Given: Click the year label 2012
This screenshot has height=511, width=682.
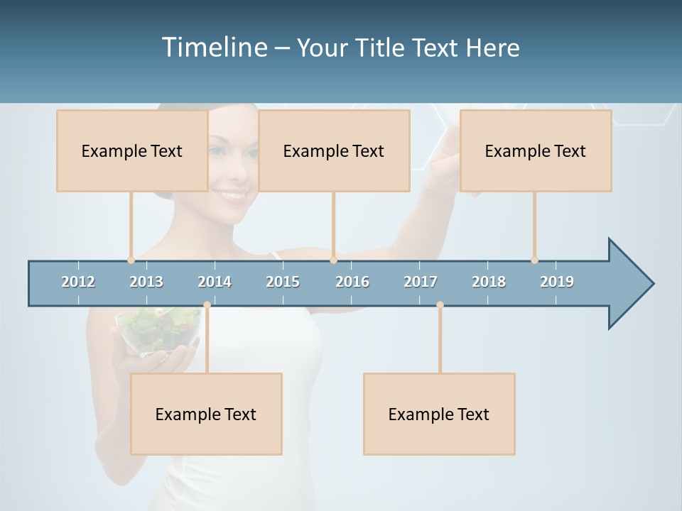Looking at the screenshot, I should tap(78, 282).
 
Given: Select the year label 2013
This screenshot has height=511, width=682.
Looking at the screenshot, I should tap(146, 282).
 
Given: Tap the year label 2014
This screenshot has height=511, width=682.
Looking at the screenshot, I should tap(215, 282).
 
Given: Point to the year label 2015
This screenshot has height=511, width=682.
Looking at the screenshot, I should tap(283, 282).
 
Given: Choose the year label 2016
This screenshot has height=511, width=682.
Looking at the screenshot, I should tap(352, 282).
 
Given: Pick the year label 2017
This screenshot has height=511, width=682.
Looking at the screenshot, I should tap(421, 282).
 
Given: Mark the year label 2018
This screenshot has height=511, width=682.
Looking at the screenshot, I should tap(489, 282).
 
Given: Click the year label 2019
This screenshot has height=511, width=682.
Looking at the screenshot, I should tap(557, 282).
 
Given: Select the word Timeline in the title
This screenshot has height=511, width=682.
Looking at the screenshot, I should tap(214, 48).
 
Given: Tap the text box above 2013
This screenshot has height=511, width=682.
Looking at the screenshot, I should tap(132, 150).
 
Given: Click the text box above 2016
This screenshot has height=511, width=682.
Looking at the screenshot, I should tap(334, 150).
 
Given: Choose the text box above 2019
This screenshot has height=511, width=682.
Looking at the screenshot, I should tap(536, 150).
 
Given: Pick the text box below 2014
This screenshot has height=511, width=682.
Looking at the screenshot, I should tap(206, 414).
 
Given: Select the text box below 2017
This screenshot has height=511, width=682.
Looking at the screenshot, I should tap(439, 414).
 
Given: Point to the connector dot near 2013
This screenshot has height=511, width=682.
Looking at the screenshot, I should tap(131, 260).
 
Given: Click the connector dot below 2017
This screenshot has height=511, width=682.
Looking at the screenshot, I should tap(440, 304).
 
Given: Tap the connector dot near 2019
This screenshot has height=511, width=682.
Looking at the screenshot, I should tap(534, 260).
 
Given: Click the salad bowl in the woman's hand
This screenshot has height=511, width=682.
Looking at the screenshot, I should tap(158, 330).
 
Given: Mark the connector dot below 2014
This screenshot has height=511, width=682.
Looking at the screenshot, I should tap(207, 304).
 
